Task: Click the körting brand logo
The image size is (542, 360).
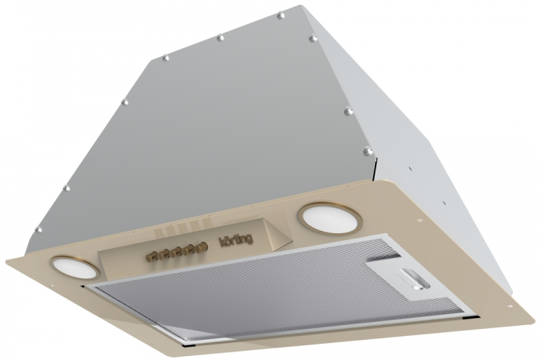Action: pyautogui.click(x=236, y=239)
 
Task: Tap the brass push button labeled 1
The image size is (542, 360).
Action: pyautogui.click(x=162, y=256)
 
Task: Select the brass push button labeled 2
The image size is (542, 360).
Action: pyautogui.click(x=174, y=253)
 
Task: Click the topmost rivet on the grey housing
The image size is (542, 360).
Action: pyautogui.click(x=281, y=16)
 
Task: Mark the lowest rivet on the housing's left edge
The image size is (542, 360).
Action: pyautogui.click(x=39, y=229)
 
